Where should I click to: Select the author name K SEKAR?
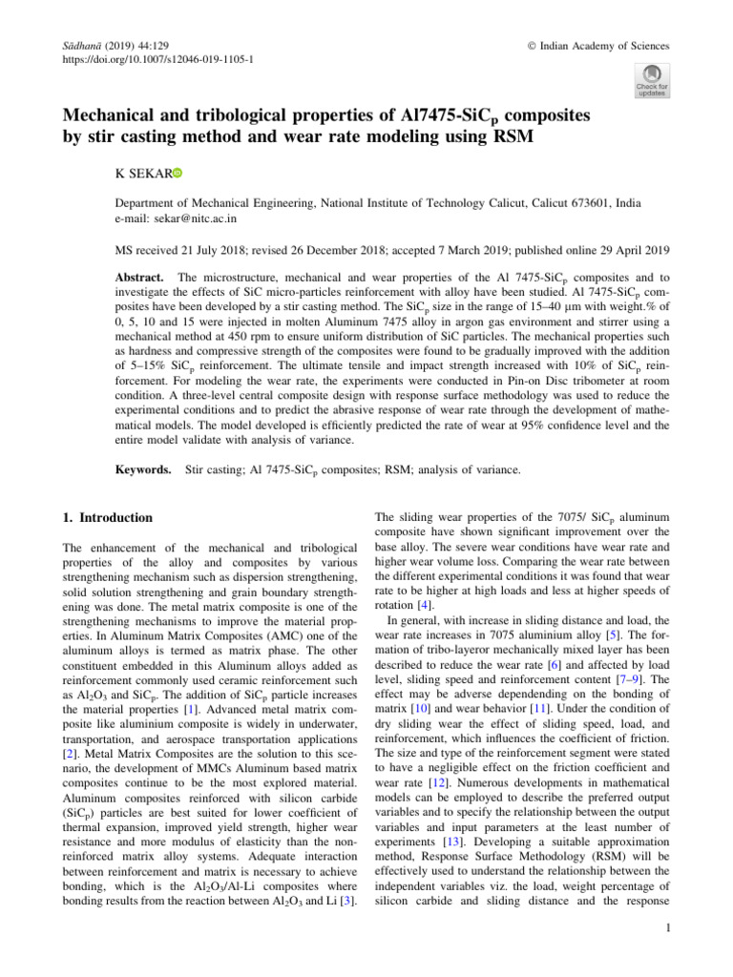tap(141, 175)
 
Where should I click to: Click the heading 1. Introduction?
tap(107, 518)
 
